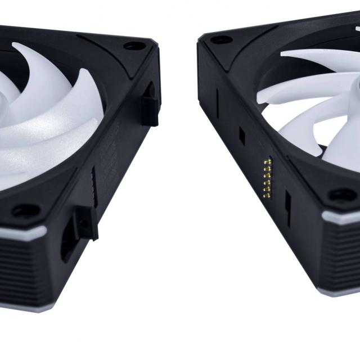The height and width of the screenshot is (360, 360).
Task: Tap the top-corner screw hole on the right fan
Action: click(x=220, y=40)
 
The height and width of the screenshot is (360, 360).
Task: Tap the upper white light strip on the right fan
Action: click(x=340, y=216)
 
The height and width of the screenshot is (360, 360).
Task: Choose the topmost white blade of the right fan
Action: click(x=315, y=56)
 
